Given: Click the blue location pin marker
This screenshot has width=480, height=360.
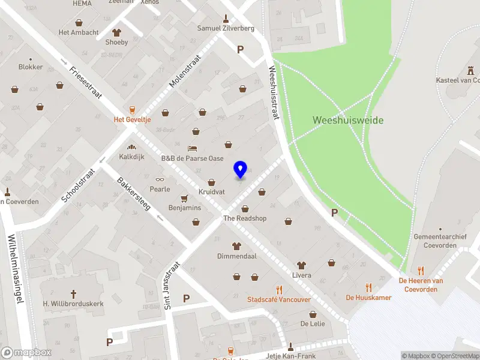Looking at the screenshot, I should [241, 169].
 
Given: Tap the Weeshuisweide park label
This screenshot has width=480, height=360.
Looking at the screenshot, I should [348, 120].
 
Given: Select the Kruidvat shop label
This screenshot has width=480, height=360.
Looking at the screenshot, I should [211, 193].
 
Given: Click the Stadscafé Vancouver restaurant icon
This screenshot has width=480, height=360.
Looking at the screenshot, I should [279, 289].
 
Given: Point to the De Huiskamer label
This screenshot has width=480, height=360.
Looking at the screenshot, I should [368, 298].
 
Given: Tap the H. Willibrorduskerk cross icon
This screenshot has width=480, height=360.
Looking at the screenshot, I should [74, 293].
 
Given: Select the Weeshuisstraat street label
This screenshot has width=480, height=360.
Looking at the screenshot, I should [275, 92].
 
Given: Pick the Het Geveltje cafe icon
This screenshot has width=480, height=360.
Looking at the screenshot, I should [133, 109].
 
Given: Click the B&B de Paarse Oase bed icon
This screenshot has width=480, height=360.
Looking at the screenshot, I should [192, 148].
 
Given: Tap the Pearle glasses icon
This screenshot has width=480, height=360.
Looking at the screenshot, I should [160, 179].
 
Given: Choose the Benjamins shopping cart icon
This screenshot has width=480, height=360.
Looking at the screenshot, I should [185, 197].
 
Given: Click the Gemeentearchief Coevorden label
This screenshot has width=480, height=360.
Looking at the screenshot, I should [440, 241].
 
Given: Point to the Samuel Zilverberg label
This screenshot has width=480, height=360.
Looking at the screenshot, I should [226, 28].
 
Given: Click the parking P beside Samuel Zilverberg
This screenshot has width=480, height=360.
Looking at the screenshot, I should [241, 50].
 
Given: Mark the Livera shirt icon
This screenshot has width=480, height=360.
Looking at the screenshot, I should [301, 265].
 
